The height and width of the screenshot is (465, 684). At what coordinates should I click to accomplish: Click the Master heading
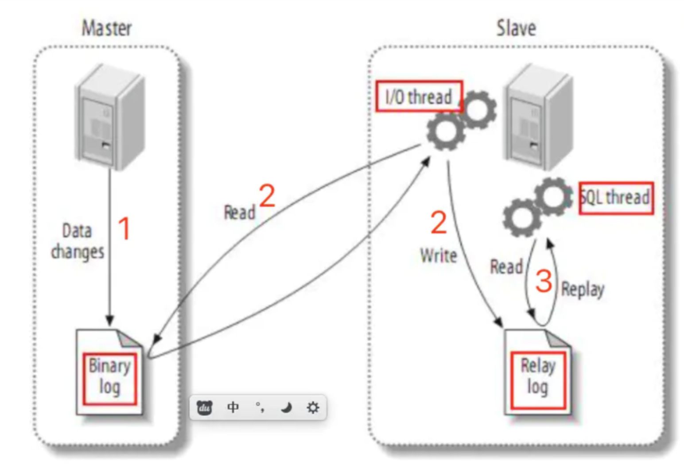pos(107,28)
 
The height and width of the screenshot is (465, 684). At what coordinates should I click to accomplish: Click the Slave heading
pos(516,28)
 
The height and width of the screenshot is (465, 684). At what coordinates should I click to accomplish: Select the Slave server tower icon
pos(539,117)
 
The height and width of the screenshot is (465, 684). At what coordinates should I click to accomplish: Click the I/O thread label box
pos(419,97)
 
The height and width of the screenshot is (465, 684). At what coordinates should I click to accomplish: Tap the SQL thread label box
pos(616,198)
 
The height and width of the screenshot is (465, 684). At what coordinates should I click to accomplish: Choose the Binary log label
pos(109,377)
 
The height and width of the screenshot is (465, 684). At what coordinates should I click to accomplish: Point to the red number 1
pos(124,229)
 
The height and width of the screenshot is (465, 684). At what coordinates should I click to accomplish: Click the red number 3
pos(544,281)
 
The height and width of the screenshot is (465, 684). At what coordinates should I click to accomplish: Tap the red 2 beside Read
pos(267,196)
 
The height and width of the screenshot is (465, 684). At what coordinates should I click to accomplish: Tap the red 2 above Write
pos(439,223)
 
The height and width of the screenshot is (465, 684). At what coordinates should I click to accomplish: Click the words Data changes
pos(78,241)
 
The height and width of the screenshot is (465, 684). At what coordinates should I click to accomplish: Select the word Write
pos(438,256)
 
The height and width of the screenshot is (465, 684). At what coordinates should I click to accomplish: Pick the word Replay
pos(583,289)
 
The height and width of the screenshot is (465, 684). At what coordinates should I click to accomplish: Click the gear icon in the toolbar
pos(313,407)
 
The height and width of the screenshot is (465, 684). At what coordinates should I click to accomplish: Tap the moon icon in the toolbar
pos(287,407)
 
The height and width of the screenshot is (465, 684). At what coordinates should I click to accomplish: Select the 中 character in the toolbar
pos(233,407)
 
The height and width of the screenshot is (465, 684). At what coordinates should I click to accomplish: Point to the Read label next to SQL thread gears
pos(506,267)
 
